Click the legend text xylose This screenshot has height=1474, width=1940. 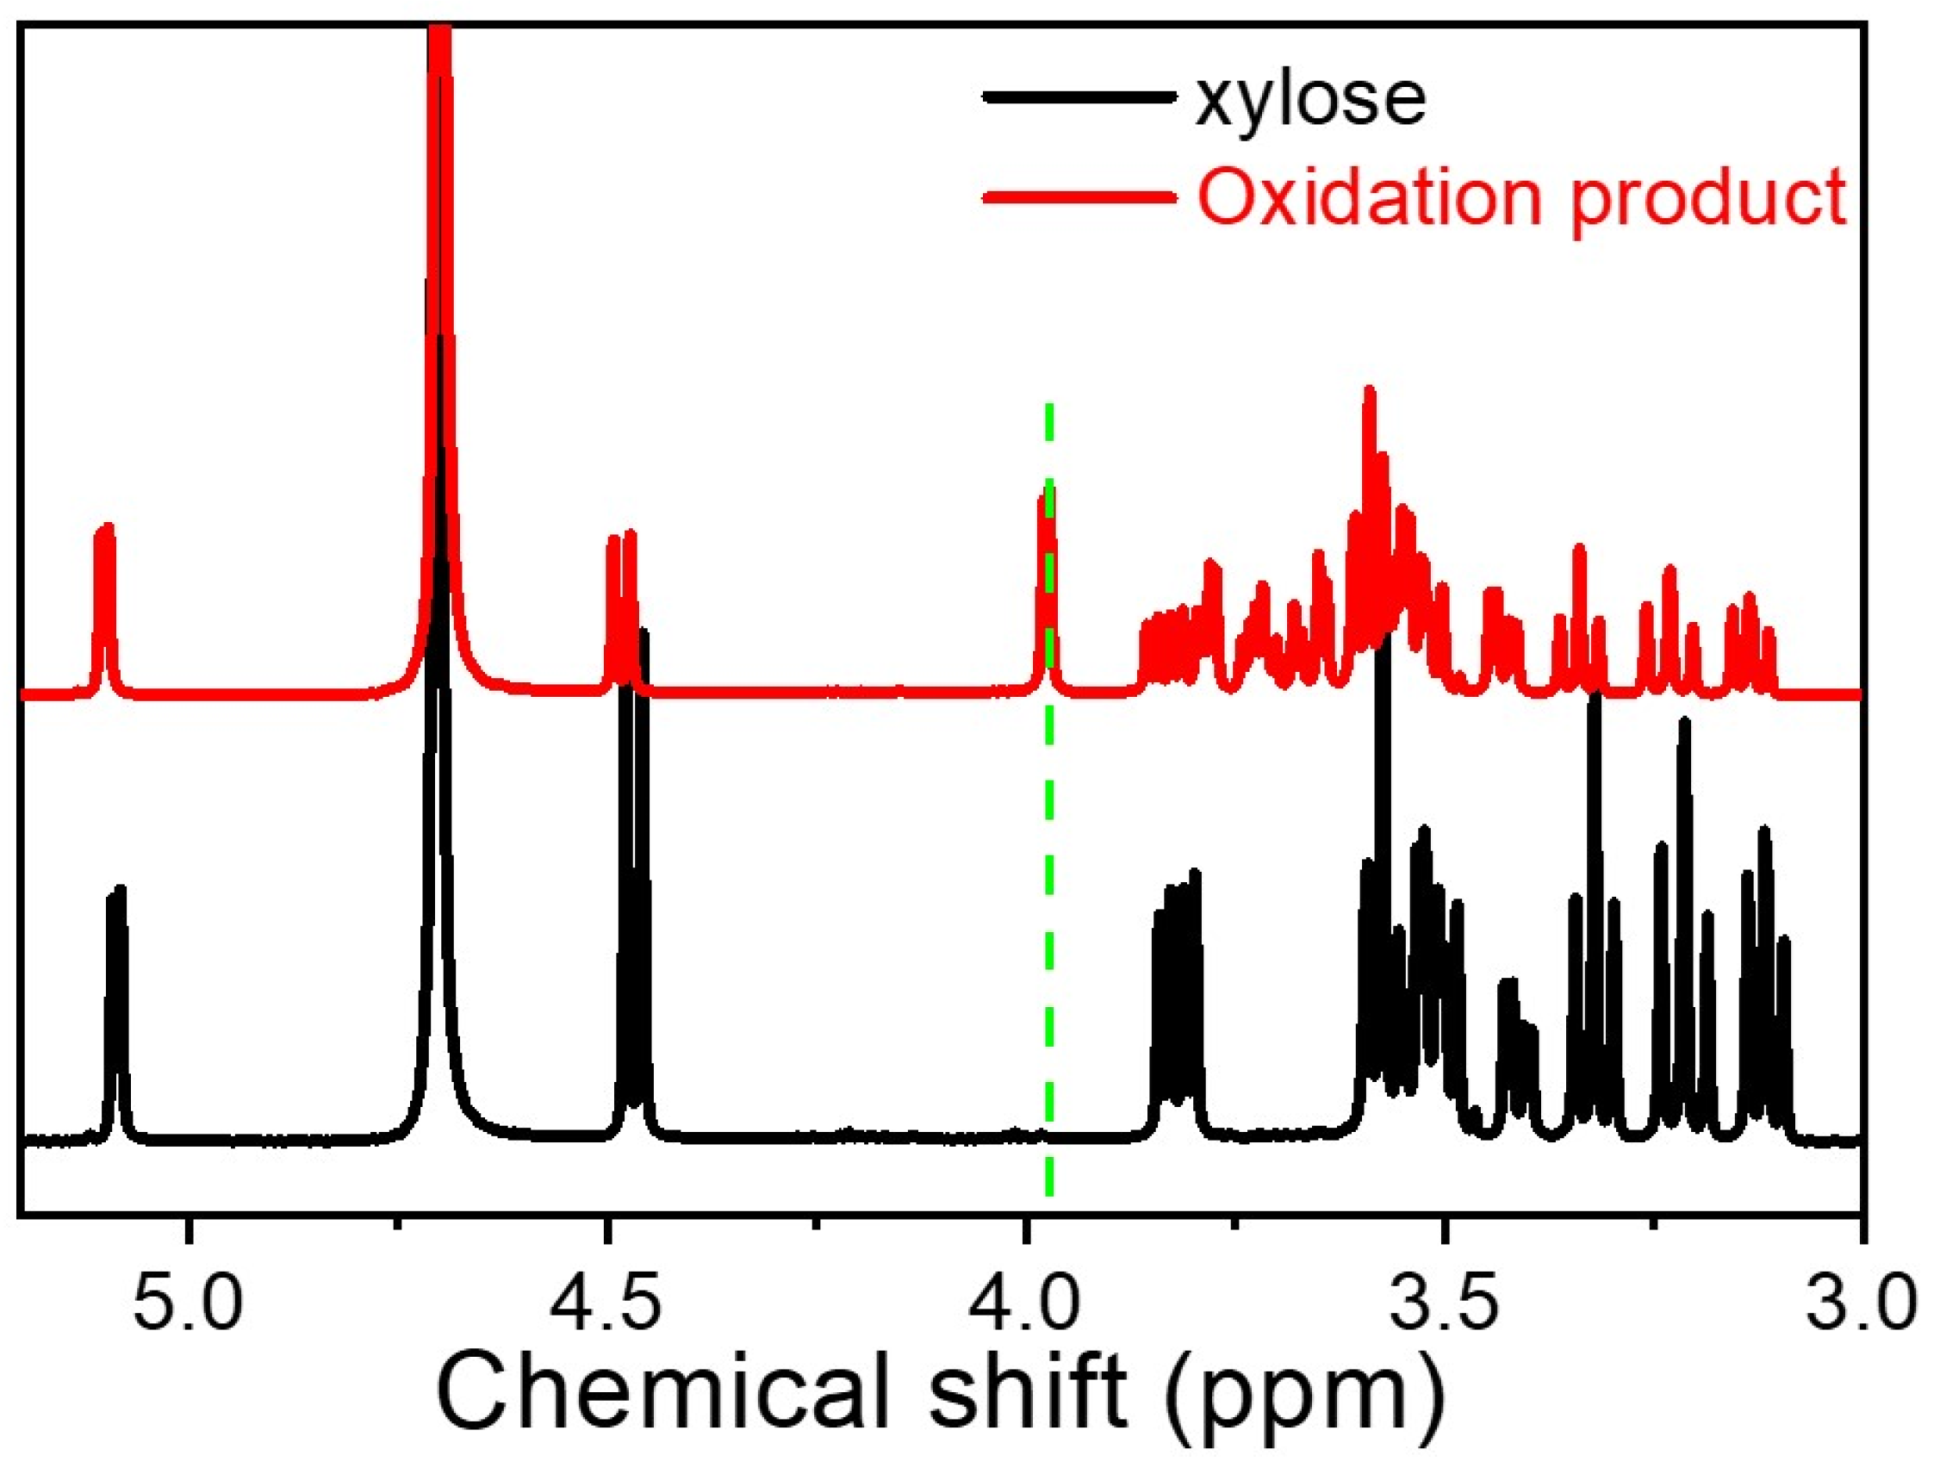[x=1311, y=102]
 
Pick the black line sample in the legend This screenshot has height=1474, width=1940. [x=1079, y=97]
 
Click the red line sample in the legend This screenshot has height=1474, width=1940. [x=1079, y=198]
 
